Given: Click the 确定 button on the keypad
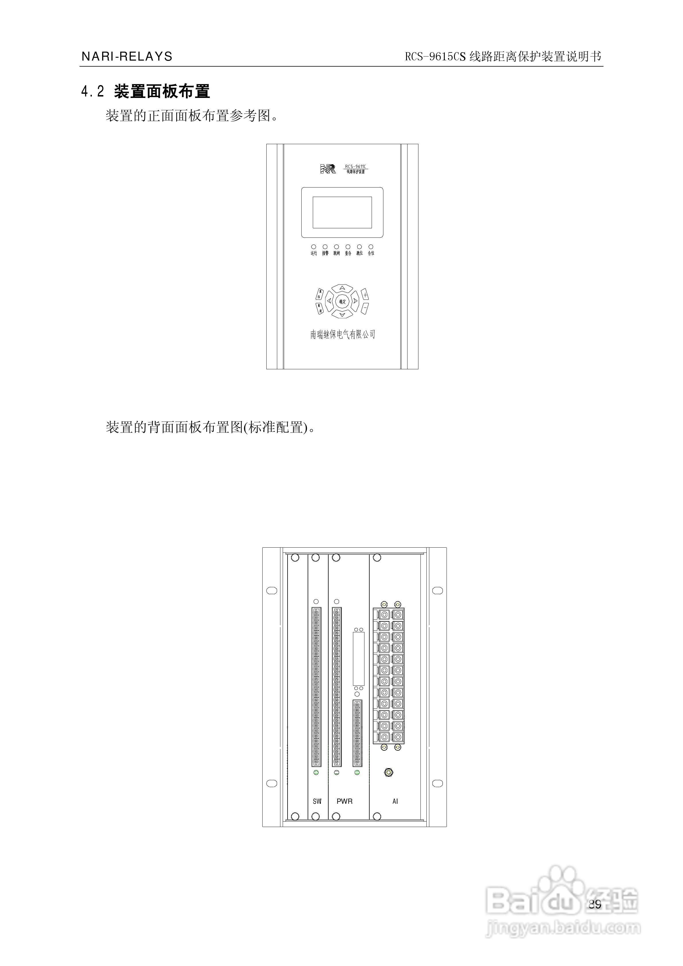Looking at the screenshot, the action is [x=342, y=301].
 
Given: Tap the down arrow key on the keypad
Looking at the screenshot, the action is [x=342, y=314].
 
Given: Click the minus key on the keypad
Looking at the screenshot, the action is [x=365, y=308].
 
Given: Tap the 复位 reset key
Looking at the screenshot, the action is [x=319, y=294].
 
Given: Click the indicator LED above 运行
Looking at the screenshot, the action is [x=313, y=247].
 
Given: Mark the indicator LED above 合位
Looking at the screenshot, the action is [x=370, y=247].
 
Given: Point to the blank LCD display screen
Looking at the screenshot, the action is [x=342, y=212].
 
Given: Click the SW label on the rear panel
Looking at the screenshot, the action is [x=317, y=801].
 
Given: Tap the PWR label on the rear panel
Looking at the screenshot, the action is [x=344, y=801].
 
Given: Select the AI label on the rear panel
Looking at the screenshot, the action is [x=395, y=801].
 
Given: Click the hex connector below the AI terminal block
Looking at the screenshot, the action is [x=389, y=772].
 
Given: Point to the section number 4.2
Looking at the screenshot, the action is [x=92, y=91].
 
